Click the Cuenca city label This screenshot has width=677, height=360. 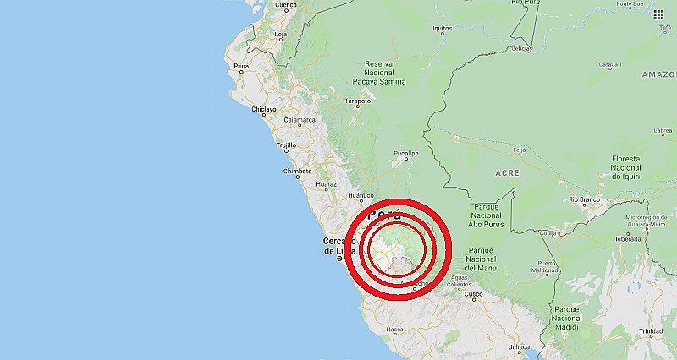click(285, 4)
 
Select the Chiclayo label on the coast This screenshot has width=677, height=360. click(263, 109)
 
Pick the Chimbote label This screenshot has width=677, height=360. click(297, 171)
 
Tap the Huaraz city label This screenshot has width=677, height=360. click(325, 183)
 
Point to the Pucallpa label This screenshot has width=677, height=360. click(405, 154)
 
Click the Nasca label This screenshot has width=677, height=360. click(394, 330)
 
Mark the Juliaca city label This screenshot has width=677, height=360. click(519, 346)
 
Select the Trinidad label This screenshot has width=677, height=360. click(651, 330)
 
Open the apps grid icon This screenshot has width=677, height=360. click(659, 14)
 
